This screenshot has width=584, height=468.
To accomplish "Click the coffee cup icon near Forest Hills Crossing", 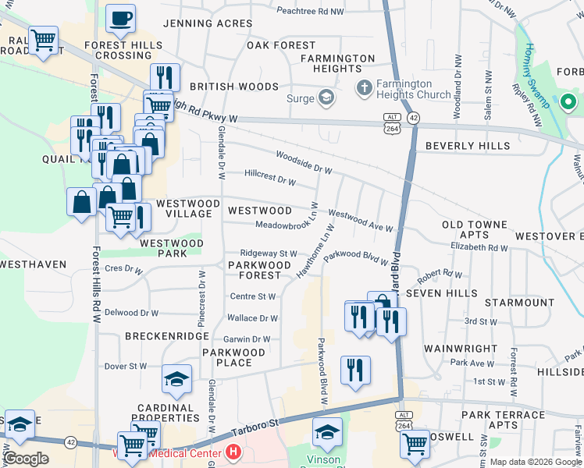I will click(120, 19).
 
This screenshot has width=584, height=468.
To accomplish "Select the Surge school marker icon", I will click(326, 98).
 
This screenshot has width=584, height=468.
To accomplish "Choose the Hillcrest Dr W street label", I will click(270, 181).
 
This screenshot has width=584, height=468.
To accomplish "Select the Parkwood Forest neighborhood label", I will click(254, 270).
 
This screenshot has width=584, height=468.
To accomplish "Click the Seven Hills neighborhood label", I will click(450, 292).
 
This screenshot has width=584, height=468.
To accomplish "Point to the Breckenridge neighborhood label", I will click(166, 335).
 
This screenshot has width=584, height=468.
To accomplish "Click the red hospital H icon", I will click(233, 452).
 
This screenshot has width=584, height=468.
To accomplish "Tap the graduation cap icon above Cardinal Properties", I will click(176, 380).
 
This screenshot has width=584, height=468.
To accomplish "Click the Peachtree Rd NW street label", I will click(310, 12).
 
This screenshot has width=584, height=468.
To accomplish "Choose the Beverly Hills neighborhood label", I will click(468, 146).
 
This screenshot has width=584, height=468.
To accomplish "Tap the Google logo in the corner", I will click(27, 459).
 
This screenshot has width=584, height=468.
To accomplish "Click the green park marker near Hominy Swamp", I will click(568, 101).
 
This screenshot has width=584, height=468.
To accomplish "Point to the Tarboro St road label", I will click(253, 428).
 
